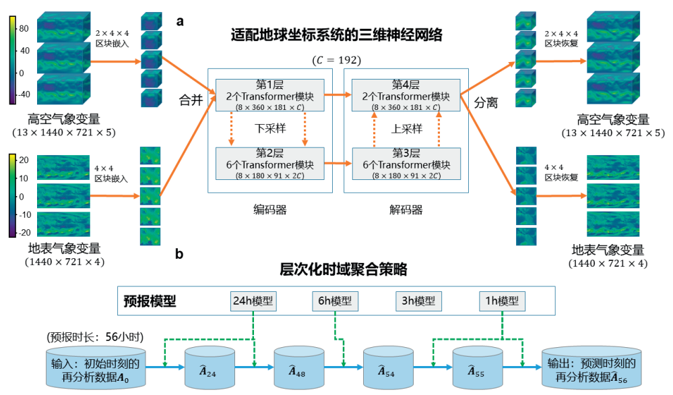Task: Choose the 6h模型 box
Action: pos(335,301)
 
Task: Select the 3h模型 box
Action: pos(418,301)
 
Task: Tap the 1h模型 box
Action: pos(502,301)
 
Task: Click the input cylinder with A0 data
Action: pos(95,368)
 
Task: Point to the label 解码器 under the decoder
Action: pos(407,210)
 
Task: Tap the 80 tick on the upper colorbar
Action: pos(22,29)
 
